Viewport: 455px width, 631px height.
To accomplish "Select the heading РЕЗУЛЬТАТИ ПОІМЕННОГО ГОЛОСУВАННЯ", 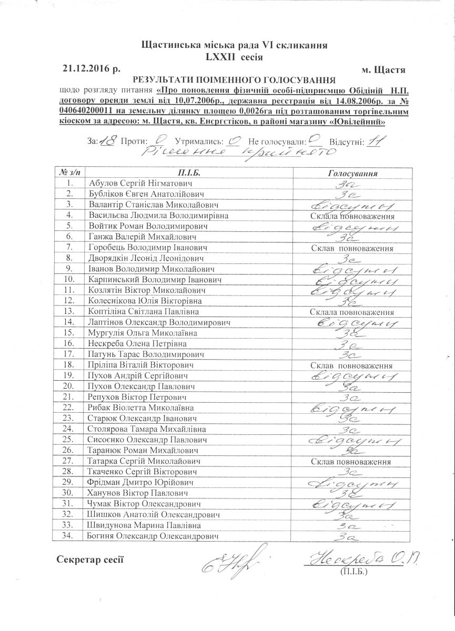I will click(234, 80).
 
